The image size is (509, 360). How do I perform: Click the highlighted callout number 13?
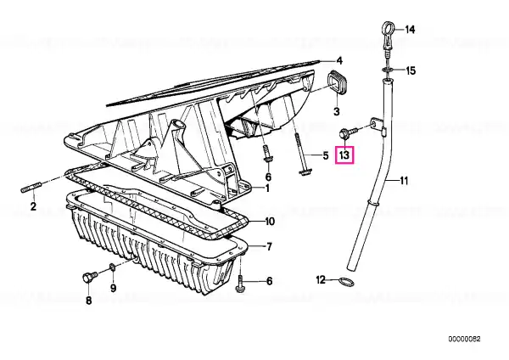pyautogui.click(x=344, y=155)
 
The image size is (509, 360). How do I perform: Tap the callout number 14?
pyautogui.click(x=410, y=30)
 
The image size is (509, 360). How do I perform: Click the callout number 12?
pyautogui.click(x=322, y=279)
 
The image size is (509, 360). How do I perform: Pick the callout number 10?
pyautogui.click(x=270, y=222)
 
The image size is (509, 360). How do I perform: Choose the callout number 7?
pyautogui.click(x=269, y=247)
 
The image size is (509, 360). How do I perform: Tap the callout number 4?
pyautogui.click(x=338, y=60)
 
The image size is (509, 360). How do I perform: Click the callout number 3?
pyautogui.click(x=336, y=111)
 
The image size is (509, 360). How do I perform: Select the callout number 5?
pyautogui.click(x=323, y=155)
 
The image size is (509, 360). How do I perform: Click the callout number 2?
pyautogui.click(x=33, y=206)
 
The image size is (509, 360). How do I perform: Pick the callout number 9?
pyautogui.click(x=113, y=287)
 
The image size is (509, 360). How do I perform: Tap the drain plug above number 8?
pyautogui.click(x=87, y=278)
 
